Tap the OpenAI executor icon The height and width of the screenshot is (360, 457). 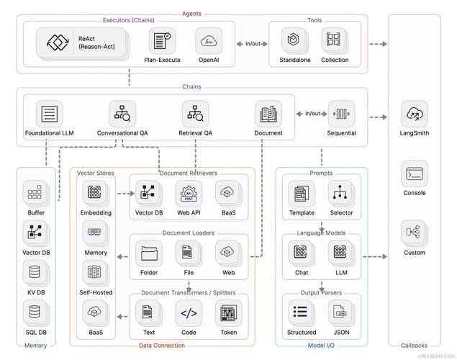(x=209, y=40)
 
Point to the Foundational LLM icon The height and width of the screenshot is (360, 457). (x=50, y=114)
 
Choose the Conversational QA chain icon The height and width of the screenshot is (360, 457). (x=122, y=114)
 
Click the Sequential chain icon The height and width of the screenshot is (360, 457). (x=342, y=114)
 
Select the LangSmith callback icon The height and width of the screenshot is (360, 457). (x=415, y=114)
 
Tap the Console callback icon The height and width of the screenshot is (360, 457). (x=415, y=174)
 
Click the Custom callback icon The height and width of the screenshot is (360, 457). (x=415, y=233)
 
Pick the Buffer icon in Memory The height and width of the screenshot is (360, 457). (x=36, y=194)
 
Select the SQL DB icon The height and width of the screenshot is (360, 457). (x=36, y=312)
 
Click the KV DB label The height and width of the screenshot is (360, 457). (x=36, y=292)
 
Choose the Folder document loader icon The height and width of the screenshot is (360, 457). (x=149, y=253)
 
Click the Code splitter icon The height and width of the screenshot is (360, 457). (x=189, y=312)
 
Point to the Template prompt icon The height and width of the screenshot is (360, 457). (x=301, y=193)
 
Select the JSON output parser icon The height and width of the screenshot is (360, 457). (x=341, y=312)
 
